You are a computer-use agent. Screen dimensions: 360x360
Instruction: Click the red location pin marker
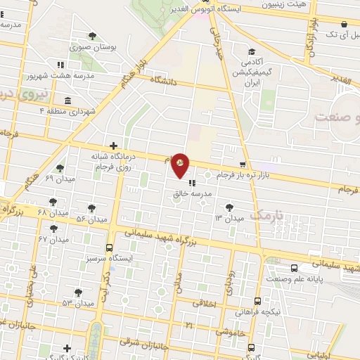(181, 164)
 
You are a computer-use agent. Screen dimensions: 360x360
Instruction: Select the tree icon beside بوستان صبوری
(92, 37)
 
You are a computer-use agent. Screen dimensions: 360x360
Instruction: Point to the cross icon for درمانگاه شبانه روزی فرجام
(113, 146)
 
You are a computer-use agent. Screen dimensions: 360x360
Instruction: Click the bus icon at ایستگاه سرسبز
(109, 247)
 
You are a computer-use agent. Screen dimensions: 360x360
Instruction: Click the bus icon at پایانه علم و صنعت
(294, 268)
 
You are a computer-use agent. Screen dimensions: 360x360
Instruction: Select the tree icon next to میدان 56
(91, 208)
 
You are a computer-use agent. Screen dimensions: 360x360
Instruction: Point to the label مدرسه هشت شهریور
(49, 75)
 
